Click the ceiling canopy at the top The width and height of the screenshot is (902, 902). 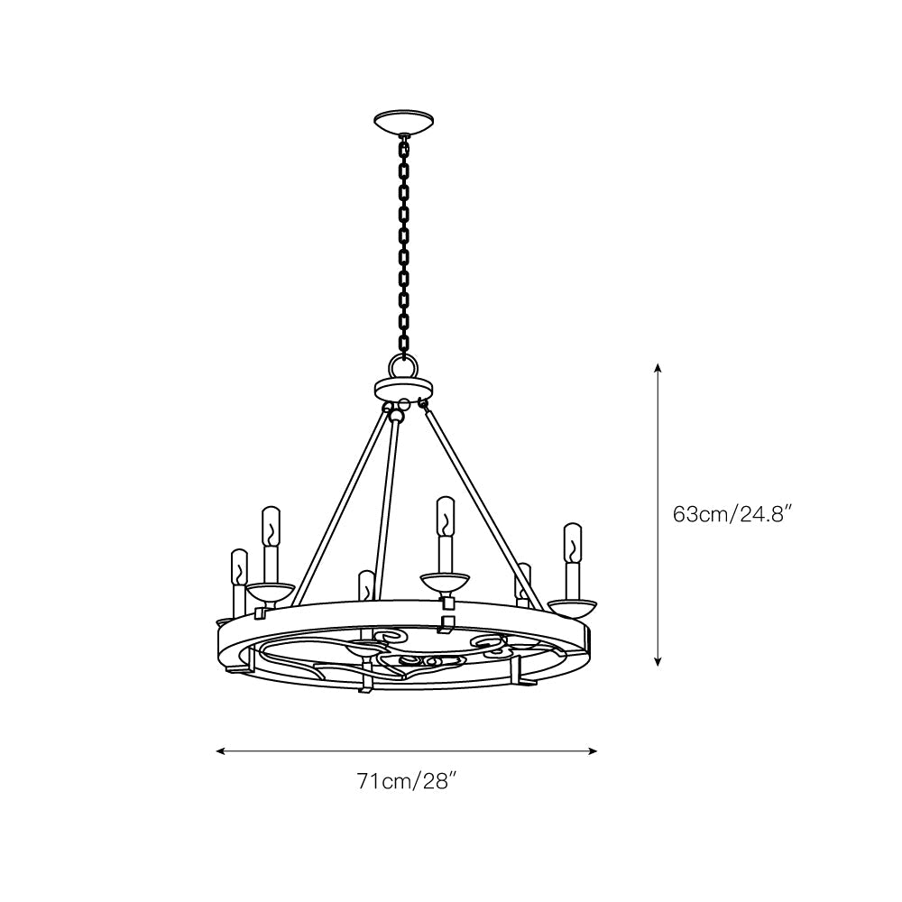403,122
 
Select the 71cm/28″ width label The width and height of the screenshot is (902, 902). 407,781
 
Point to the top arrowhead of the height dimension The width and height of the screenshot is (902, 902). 658,368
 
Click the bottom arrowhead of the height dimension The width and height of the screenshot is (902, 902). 658,661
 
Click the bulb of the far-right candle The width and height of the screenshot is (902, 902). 573,543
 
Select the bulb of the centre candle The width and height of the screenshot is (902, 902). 445,516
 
